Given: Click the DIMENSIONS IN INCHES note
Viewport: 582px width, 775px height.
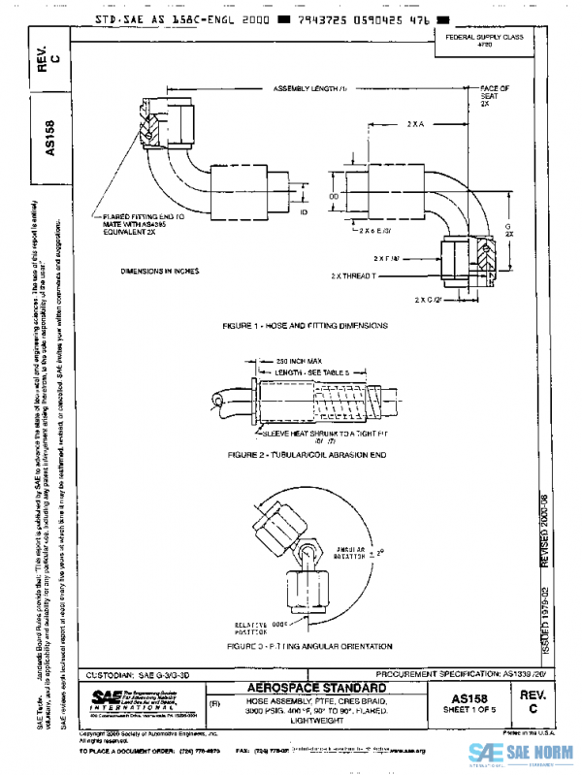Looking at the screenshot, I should (159, 271).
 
